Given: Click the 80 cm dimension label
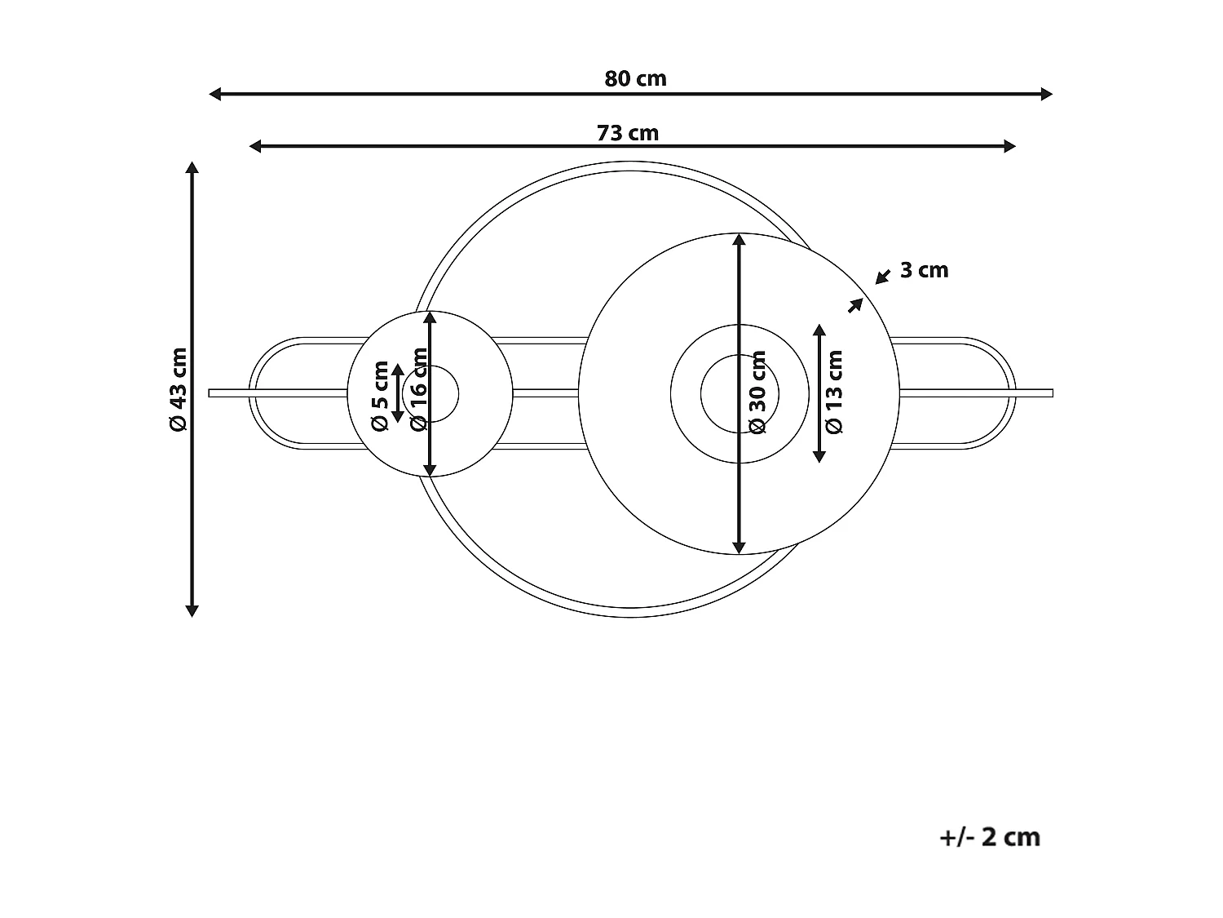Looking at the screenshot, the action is click(x=635, y=79).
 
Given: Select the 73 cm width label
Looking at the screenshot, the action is click(x=627, y=133).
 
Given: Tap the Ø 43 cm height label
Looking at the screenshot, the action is click(x=179, y=389).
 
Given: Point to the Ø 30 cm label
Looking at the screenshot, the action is click(x=757, y=392).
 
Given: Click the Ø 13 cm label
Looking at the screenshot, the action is click(x=834, y=392).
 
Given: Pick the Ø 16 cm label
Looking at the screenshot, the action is click(x=418, y=389).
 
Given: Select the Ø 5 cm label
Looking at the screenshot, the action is click(x=380, y=396).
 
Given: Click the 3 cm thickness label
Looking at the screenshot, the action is click(x=924, y=270).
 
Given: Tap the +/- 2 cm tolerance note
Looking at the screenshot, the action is click(x=990, y=837).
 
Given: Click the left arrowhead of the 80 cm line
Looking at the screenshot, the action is click(x=214, y=94).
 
